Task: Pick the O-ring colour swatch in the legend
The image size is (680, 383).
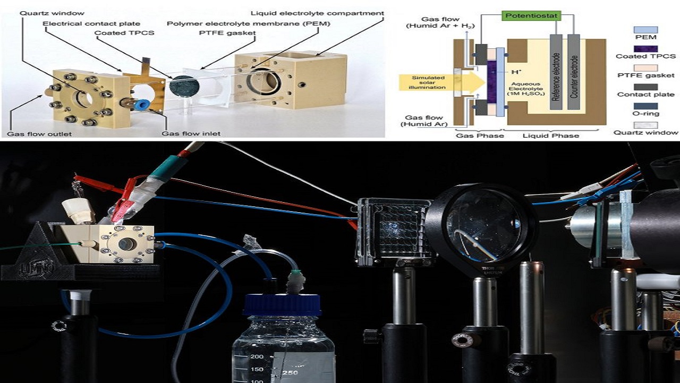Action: (646, 106)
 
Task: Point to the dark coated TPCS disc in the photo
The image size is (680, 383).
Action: (182, 86)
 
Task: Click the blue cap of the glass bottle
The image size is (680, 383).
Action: (282, 305)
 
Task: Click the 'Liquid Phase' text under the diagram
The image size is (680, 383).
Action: (550, 135)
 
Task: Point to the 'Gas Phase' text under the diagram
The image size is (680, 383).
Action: (473, 135)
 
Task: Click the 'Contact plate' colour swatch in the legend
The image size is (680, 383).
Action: (646, 87)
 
